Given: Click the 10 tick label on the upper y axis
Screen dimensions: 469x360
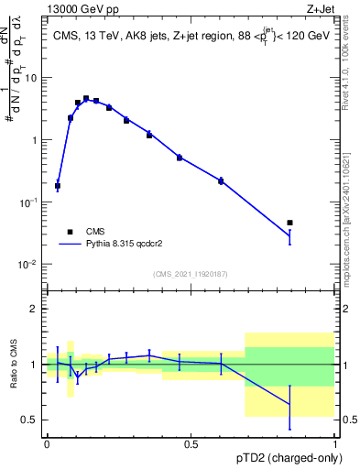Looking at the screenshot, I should pyautogui.click(x=32, y=78).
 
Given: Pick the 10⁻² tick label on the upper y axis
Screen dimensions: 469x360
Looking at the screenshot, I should pyautogui.click(x=29, y=265).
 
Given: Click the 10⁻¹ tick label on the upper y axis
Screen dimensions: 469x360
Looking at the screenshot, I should pyautogui.click(x=29, y=202).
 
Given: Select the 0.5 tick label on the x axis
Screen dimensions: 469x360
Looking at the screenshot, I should pyautogui.click(x=191, y=444).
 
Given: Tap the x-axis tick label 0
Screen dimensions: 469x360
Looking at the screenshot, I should pyautogui.click(x=47, y=444).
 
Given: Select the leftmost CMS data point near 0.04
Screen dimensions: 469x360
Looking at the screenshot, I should pyautogui.click(x=58, y=186).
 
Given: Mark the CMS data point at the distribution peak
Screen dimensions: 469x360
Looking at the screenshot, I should pyautogui.click(x=86, y=98).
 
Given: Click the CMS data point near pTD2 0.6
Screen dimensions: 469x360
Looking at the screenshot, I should pyautogui.click(x=221, y=181).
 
